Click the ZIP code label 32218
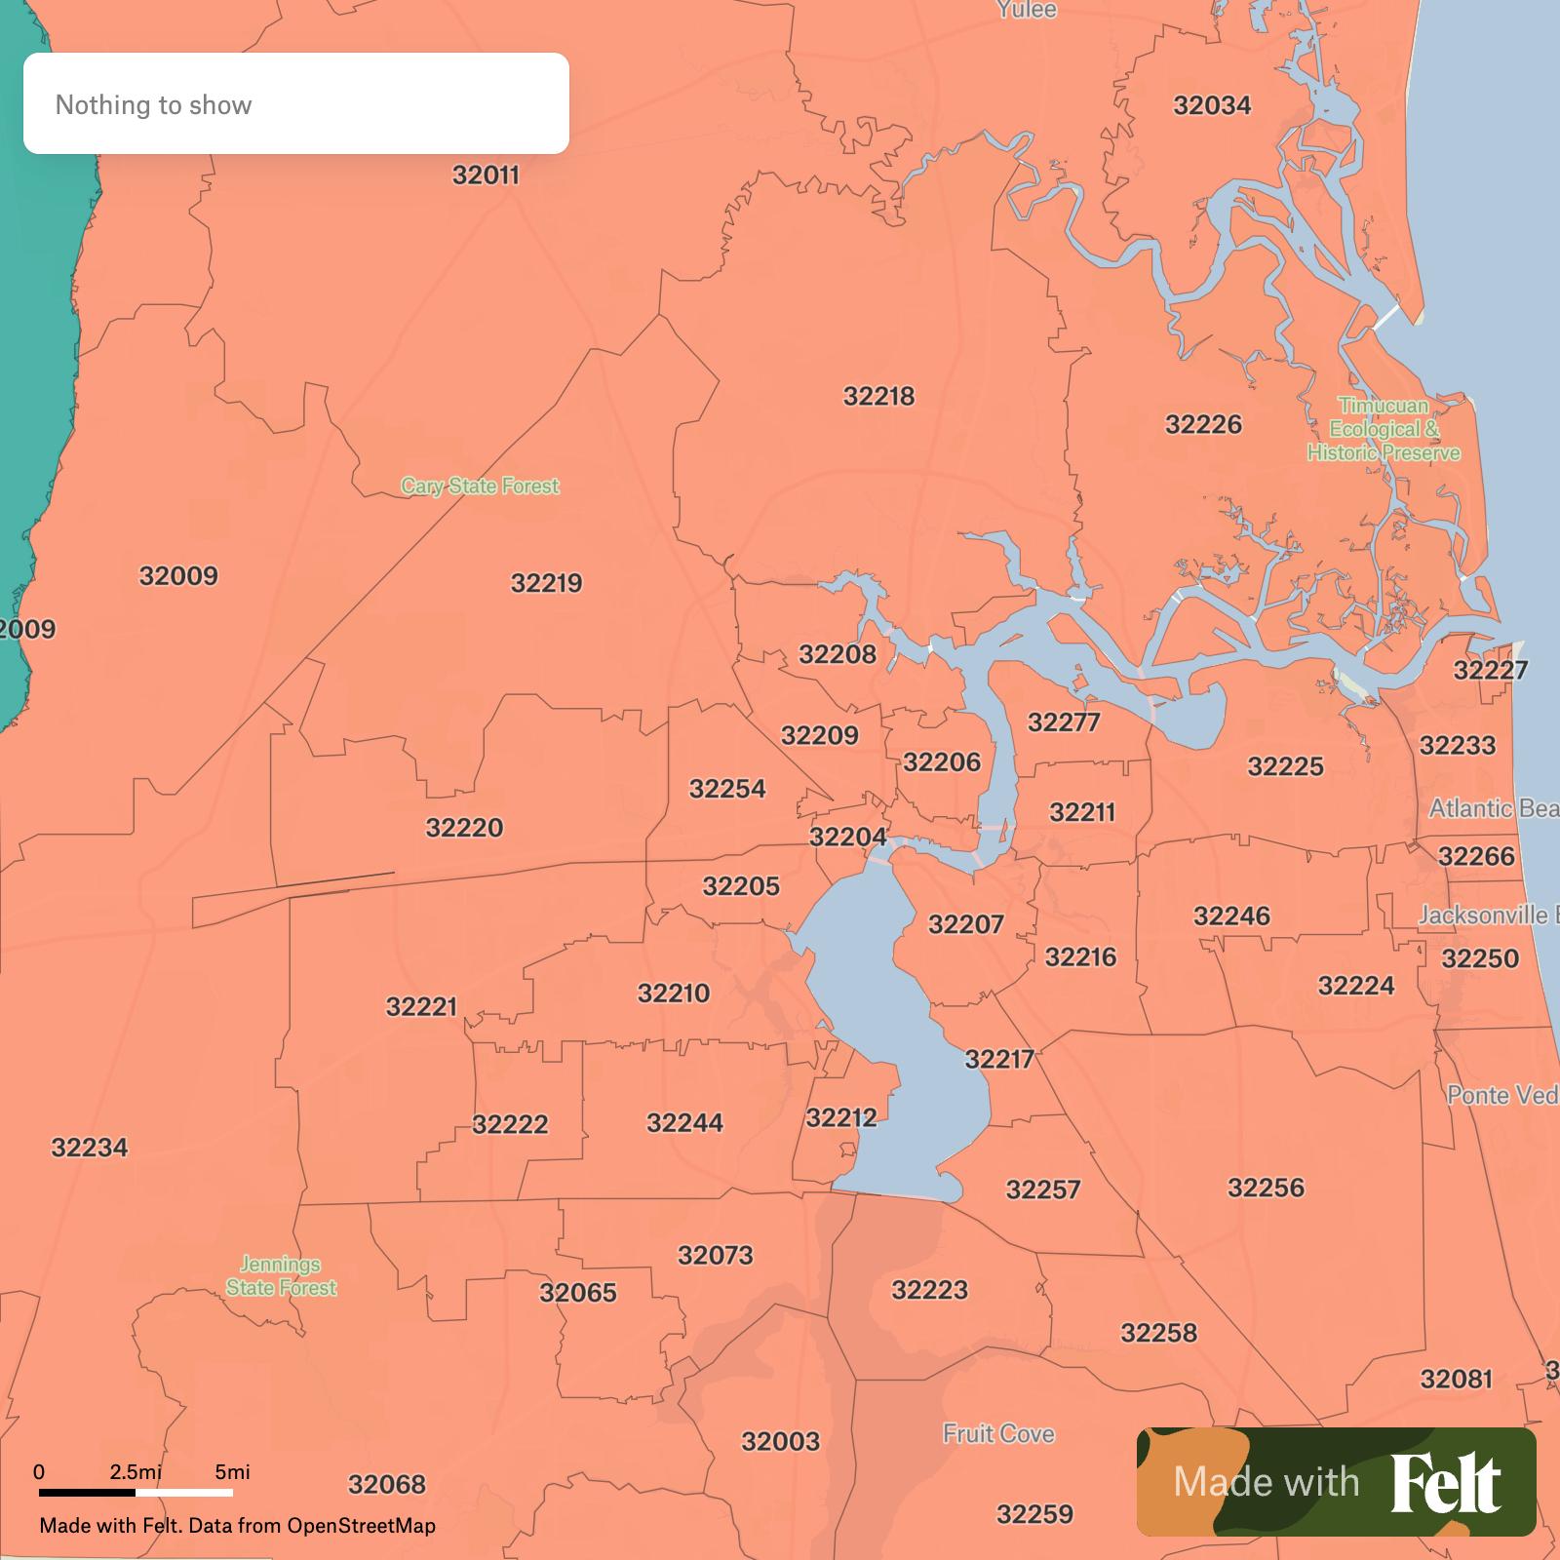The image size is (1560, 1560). (878, 396)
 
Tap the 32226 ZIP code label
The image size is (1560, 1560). (1203, 424)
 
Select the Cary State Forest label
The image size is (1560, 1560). (480, 486)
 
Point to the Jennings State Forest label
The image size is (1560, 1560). (281, 1275)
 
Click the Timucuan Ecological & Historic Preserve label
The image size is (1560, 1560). (1384, 429)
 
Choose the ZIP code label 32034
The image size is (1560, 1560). (1212, 105)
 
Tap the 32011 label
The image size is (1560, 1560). (486, 175)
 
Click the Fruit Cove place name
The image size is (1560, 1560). (998, 1433)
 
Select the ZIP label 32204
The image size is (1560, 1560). (847, 837)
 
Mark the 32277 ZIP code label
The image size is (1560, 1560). (1063, 722)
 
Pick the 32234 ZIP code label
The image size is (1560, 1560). (90, 1148)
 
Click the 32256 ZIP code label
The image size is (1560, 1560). (1266, 1188)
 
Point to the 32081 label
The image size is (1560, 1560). (1456, 1379)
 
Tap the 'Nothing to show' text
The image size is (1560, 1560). (153, 105)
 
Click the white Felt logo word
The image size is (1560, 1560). (1445, 1483)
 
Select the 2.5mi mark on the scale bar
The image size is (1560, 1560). (136, 1472)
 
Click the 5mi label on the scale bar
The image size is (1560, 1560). (232, 1472)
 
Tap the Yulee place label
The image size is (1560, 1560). (1026, 10)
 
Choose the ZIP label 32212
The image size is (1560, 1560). (841, 1117)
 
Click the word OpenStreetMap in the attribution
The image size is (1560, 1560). (361, 1526)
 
